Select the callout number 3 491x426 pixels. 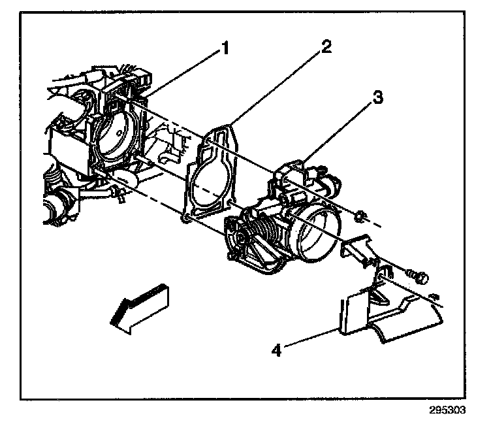pos(377,99)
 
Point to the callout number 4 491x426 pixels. pos(277,350)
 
